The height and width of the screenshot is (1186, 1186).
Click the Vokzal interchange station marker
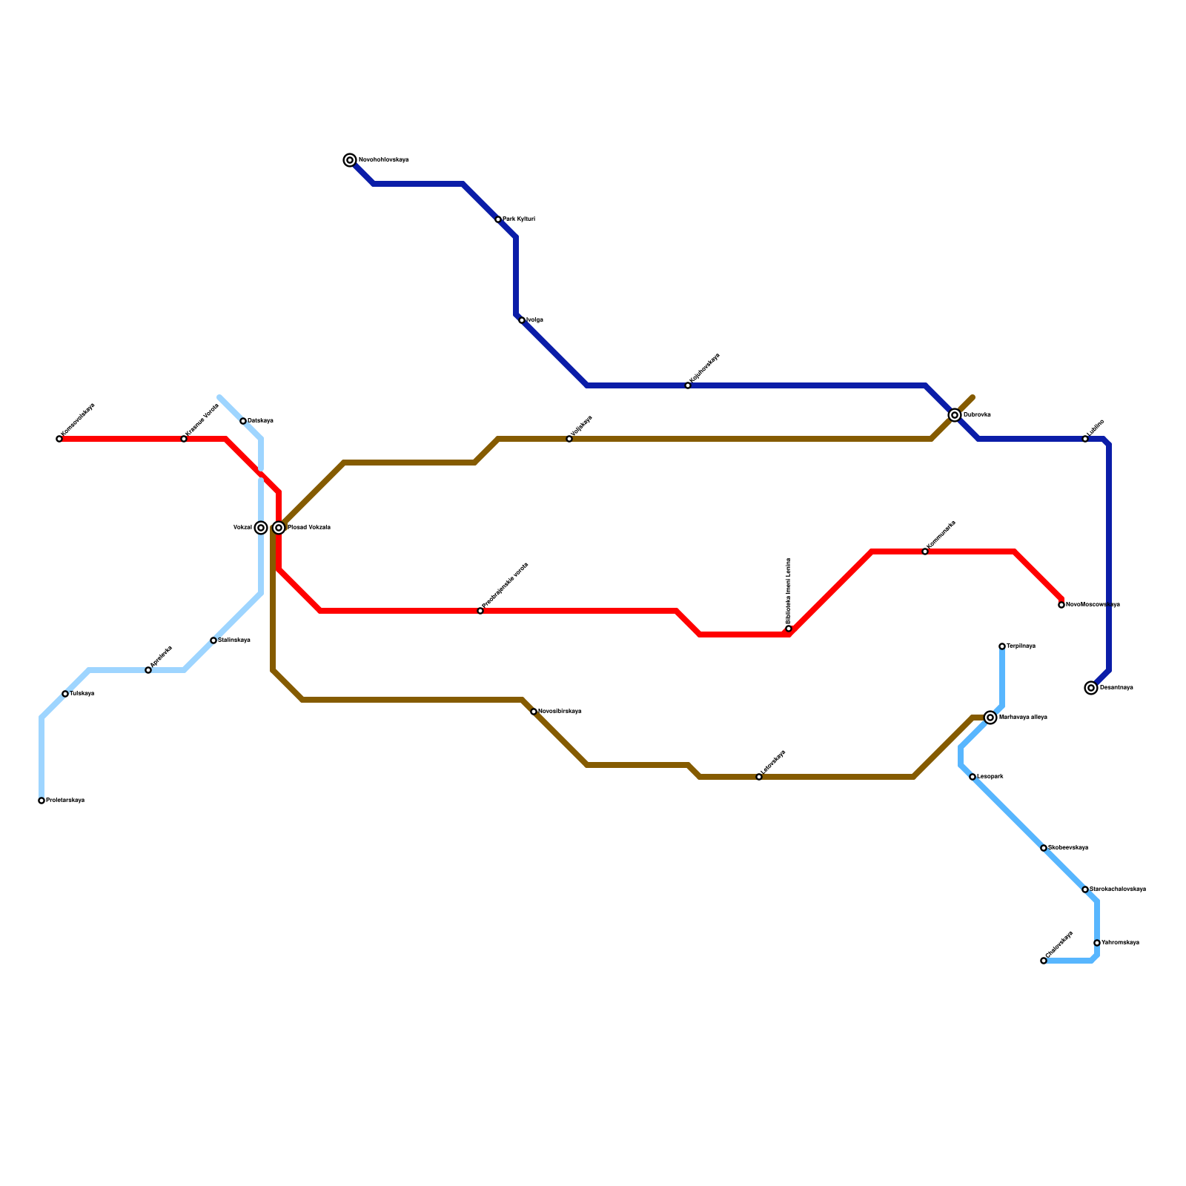[x=261, y=528]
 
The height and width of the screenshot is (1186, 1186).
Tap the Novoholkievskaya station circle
[x=350, y=160]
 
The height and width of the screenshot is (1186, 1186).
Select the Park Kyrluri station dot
[x=498, y=219]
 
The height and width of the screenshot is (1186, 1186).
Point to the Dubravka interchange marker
[x=955, y=415]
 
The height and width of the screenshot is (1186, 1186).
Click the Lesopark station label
[x=990, y=777]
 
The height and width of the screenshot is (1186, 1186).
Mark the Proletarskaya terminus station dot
[x=42, y=801]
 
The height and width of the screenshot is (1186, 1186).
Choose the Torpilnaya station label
[x=1021, y=646]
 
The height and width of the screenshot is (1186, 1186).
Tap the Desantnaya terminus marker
[x=1091, y=688]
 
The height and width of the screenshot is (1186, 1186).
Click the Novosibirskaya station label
[x=560, y=712]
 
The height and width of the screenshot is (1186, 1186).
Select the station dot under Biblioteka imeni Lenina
[x=789, y=629]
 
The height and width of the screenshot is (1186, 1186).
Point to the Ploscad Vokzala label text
[x=308, y=528]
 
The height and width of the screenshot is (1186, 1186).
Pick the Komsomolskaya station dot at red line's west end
[x=59, y=439]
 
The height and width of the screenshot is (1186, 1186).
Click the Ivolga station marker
[x=522, y=320]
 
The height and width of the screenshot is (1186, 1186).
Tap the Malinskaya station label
[x=233, y=640]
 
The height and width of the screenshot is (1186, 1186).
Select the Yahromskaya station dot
[x=1097, y=943]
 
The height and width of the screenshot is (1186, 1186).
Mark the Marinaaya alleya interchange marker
[x=990, y=718]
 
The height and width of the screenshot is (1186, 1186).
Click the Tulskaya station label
[x=82, y=694]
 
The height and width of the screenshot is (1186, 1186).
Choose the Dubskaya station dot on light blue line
[x=243, y=421]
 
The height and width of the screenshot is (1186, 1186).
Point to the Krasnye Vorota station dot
[x=184, y=439]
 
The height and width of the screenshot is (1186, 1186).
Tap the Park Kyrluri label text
[x=518, y=219]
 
